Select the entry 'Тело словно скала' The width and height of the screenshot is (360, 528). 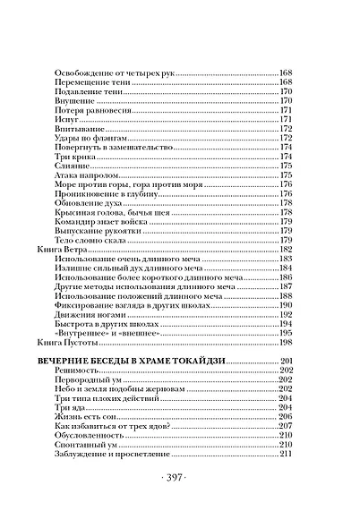coord(92,241)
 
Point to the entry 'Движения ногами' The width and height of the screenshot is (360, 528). coord(88,314)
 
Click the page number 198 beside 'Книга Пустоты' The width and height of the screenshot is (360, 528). coord(287,342)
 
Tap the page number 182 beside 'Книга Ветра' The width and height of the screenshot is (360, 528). coord(287,250)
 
